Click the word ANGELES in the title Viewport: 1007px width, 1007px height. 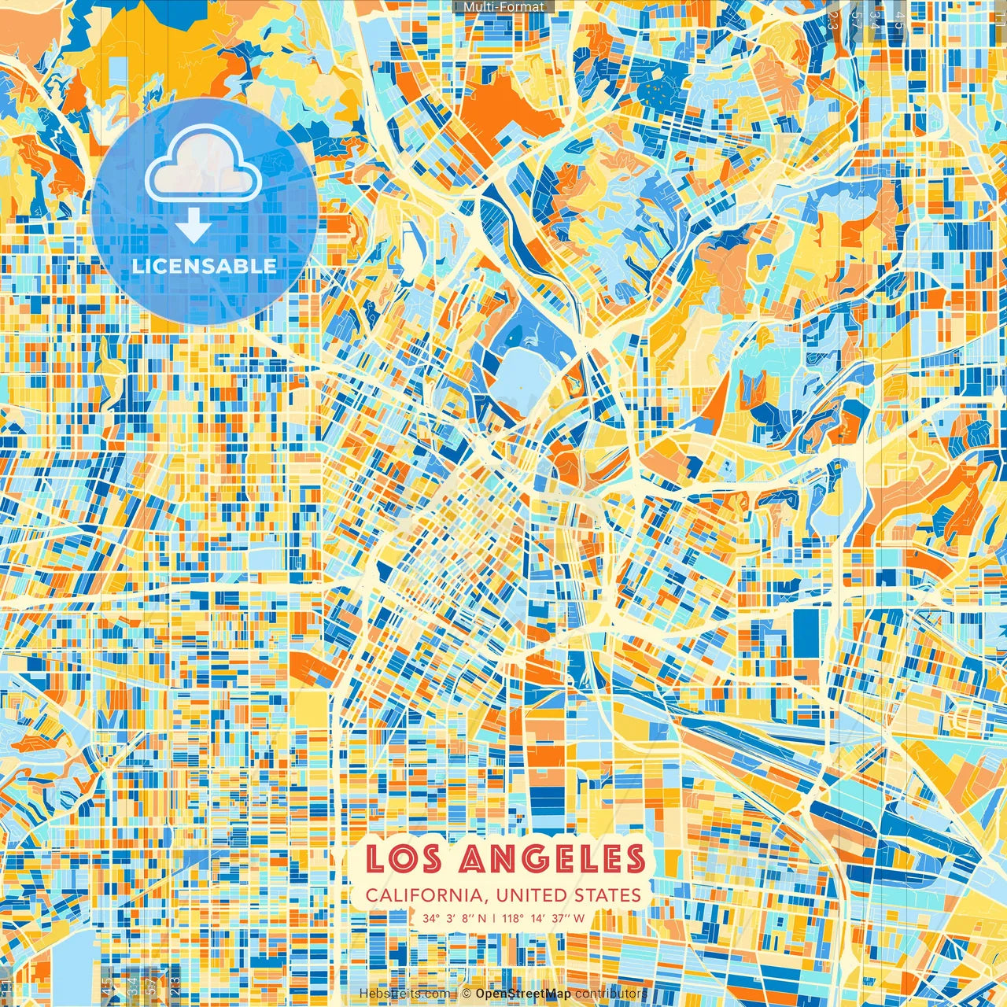pyautogui.click(x=550, y=859)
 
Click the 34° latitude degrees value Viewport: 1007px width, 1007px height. pyautogui.click(x=430, y=918)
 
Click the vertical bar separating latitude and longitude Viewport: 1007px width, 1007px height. pyautogui.click(x=494, y=918)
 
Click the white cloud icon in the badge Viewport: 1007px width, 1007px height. pyautogui.click(x=203, y=164)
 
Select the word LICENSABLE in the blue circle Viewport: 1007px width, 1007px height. pyautogui.click(x=205, y=266)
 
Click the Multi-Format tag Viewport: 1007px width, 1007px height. pyautogui.click(x=503, y=7)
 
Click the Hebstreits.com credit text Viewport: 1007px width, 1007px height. pyautogui.click(x=404, y=994)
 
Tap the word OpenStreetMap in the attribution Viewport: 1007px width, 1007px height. pyautogui.click(x=523, y=994)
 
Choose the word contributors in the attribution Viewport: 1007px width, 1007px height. pyautogui.click(x=610, y=994)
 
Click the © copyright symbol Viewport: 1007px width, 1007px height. pyautogui.click(x=466, y=994)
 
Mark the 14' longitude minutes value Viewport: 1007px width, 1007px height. pyautogui.click(x=537, y=918)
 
